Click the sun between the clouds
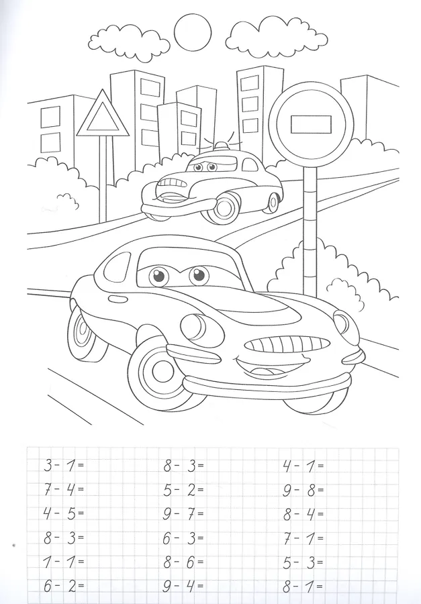[x=193, y=32]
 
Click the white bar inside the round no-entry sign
[x=311, y=124]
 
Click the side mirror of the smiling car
[x=120, y=298]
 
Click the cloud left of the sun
[x=129, y=42]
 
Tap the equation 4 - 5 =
[x=64, y=513]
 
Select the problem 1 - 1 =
[x=64, y=562]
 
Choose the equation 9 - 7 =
[x=183, y=513]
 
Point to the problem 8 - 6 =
[x=183, y=562]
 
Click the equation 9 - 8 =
[x=303, y=490]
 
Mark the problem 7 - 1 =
[x=303, y=538]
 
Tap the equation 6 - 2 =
[x=64, y=586]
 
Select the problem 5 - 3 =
[x=303, y=562]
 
